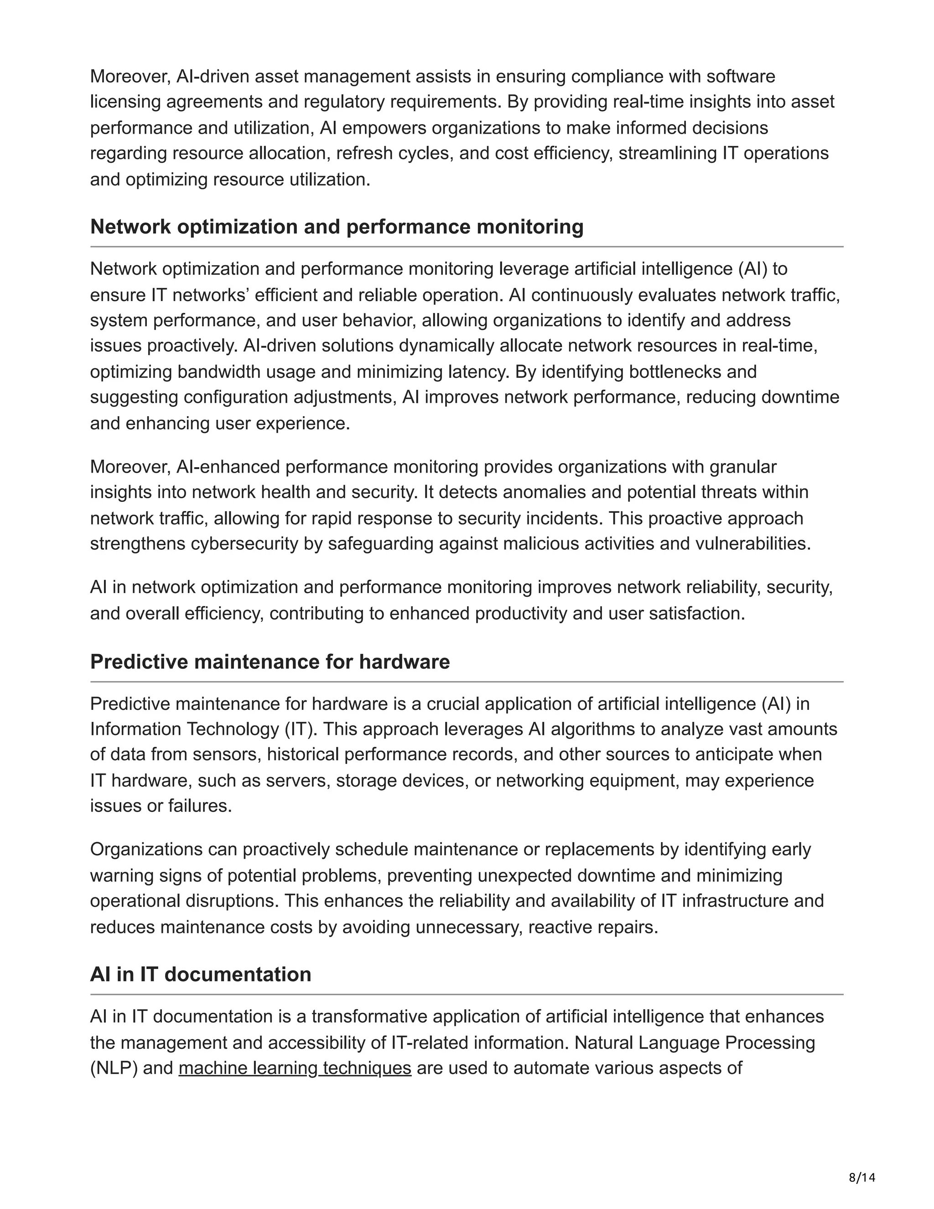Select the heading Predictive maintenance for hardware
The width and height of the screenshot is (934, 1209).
coord(270,662)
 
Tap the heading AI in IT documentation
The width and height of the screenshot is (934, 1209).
coord(200,974)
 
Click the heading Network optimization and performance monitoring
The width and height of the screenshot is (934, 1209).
coord(337,226)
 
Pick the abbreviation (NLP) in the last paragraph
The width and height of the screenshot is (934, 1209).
coord(114,1068)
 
